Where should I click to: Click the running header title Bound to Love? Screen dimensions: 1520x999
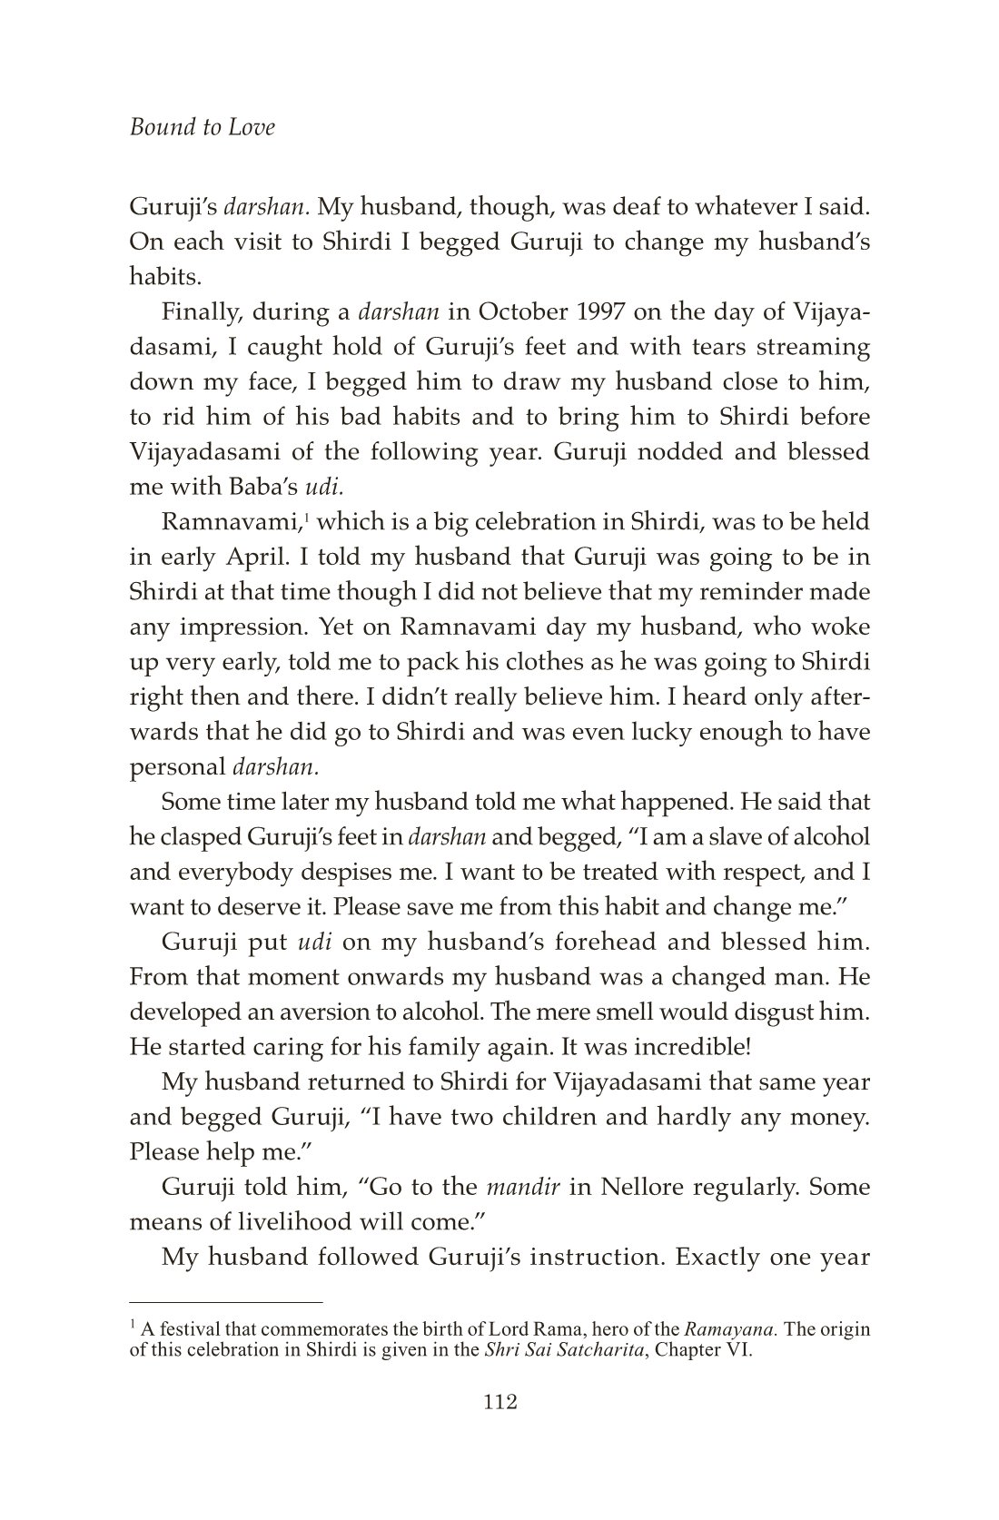pos(202,127)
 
